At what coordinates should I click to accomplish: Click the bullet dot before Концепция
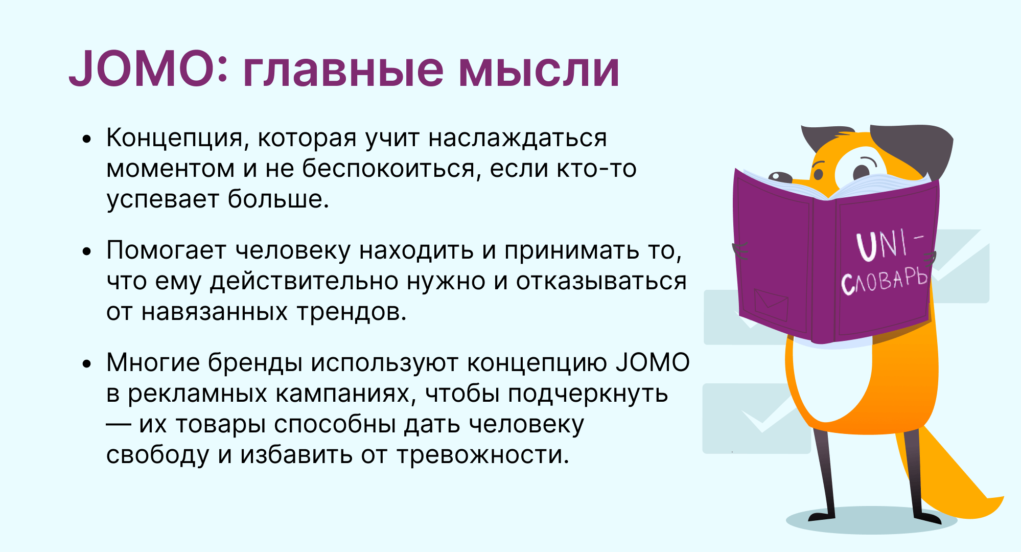pos(87,139)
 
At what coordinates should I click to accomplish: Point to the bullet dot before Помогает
pos(87,251)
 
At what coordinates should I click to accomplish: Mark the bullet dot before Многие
pos(87,363)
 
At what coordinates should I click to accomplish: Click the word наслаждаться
pos(517,139)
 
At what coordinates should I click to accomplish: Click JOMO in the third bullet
pos(653,362)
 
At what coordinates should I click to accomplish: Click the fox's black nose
pos(780,177)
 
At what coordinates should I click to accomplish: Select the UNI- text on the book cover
pos(890,245)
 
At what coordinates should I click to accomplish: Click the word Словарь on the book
pos(884,281)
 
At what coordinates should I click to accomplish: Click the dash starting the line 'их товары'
pos(119,425)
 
